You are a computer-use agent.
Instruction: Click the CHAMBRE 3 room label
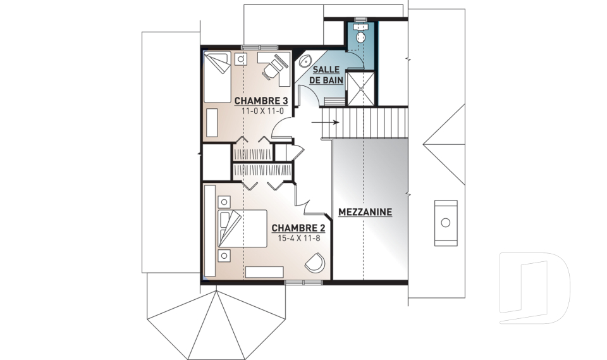pyautogui.click(x=261, y=101)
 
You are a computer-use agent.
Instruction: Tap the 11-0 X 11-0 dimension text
pyautogui.click(x=263, y=111)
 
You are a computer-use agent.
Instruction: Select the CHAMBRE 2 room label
pyautogui.click(x=298, y=228)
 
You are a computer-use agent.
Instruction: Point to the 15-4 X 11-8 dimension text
pyautogui.click(x=299, y=238)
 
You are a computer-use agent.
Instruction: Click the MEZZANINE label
pyautogui.click(x=365, y=212)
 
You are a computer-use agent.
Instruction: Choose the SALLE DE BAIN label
pyautogui.click(x=327, y=75)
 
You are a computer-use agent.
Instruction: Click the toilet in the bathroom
pyautogui.click(x=361, y=34)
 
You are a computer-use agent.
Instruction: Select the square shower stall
pyautogui.click(x=360, y=89)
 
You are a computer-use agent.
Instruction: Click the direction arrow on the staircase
pyautogui.click(x=325, y=123)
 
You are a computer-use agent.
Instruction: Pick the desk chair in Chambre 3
pyautogui.click(x=274, y=67)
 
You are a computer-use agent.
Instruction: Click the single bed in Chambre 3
pyautogui.click(x=217, y=77)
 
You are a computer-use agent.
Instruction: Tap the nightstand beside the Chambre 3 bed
pyautogui.click(x=241, y=59)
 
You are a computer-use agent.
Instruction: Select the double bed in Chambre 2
pyautogui.click(x=242, y=228)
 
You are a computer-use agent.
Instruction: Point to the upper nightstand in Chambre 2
pyautogui.click(x=224, y=202)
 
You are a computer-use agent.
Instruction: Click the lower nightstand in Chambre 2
pyautogui.click(x=224, y=256)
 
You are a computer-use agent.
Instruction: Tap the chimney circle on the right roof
pyautogui.click(x=446, y=223)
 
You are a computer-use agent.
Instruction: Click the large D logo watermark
pyautogui.click(x=535, y=287)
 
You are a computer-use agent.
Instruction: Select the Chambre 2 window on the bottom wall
pyautogui.click(x=304, y=283)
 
